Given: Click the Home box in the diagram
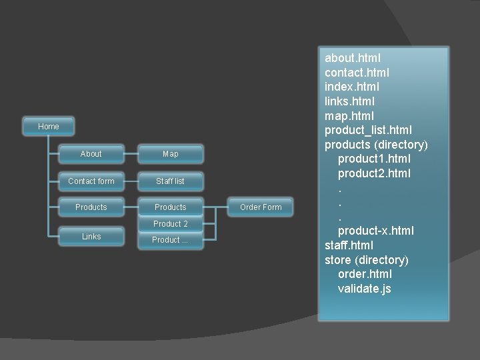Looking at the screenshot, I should point(49,127).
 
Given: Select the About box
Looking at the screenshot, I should point(91,154).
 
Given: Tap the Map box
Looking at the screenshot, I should point(171,154).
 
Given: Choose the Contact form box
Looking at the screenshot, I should point(91,181).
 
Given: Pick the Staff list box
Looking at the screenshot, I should point(171,181).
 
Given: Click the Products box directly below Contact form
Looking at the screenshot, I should point(91,207).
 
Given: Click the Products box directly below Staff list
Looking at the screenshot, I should point(171,207).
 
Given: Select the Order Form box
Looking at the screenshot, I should point(261,207).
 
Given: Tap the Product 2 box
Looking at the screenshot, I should point(171,224).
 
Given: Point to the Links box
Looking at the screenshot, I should point(91,237).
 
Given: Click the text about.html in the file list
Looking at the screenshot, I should point(353,58).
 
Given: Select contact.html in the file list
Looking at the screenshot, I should point(357,73).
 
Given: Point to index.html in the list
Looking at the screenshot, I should point(352,87).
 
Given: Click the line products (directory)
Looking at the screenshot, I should point(376,145).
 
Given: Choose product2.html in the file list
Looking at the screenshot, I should point(374,173).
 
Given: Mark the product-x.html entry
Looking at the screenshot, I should point(375,231).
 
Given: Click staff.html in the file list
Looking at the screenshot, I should point(349,245).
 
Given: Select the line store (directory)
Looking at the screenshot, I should point(366,260).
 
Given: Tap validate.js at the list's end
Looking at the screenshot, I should point(365,289).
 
